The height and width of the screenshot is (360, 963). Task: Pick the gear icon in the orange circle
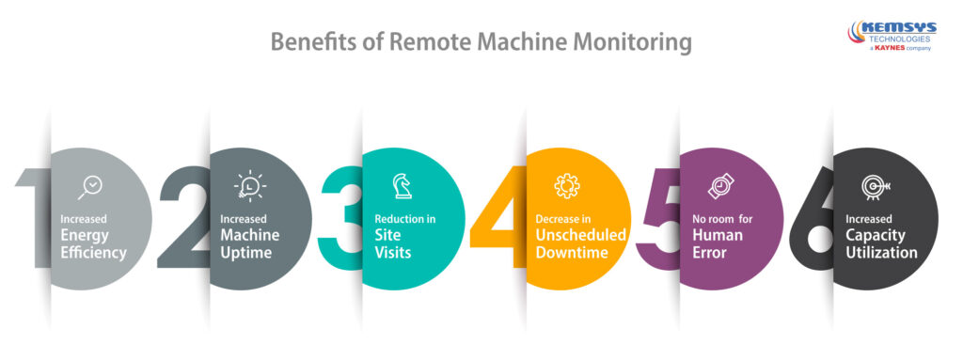coord(566,185)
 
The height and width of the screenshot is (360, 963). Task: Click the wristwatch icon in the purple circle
coord(719,186)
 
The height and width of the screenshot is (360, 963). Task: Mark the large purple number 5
coord(658,220)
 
